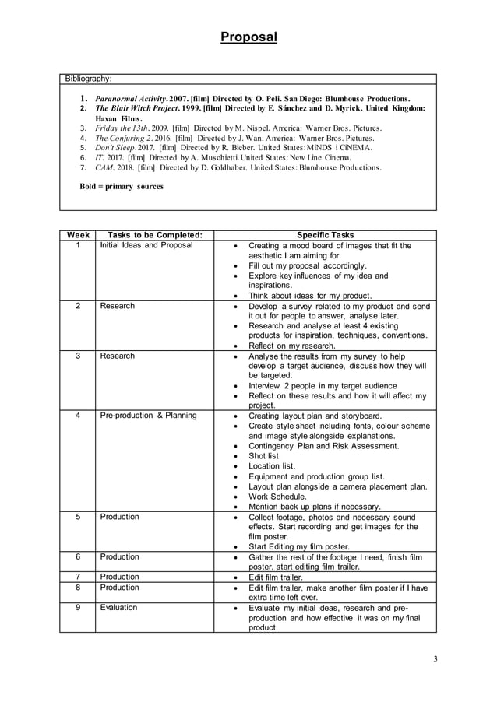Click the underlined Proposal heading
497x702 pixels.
(248, 37)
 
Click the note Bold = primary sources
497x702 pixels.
(122, 187)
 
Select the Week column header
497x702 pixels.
(78, 235)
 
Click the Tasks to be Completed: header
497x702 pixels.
(153, 235)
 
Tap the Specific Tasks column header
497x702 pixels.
(325, 235)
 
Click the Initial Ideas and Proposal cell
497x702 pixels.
(146, 246)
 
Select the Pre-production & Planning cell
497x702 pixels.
(148, 416)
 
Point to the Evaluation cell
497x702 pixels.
(118, 608)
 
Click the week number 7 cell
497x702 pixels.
(78, 577)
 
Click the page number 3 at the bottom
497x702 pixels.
(435, 659)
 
